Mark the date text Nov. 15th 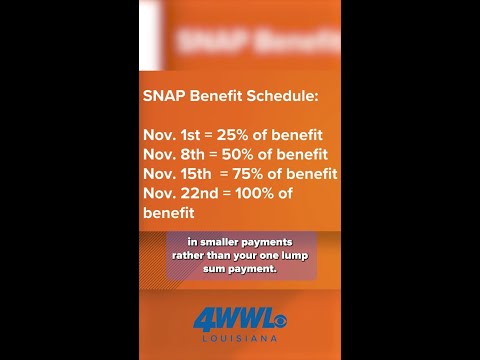click(x=180, y=174)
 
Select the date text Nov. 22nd click(x=182, y=193)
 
